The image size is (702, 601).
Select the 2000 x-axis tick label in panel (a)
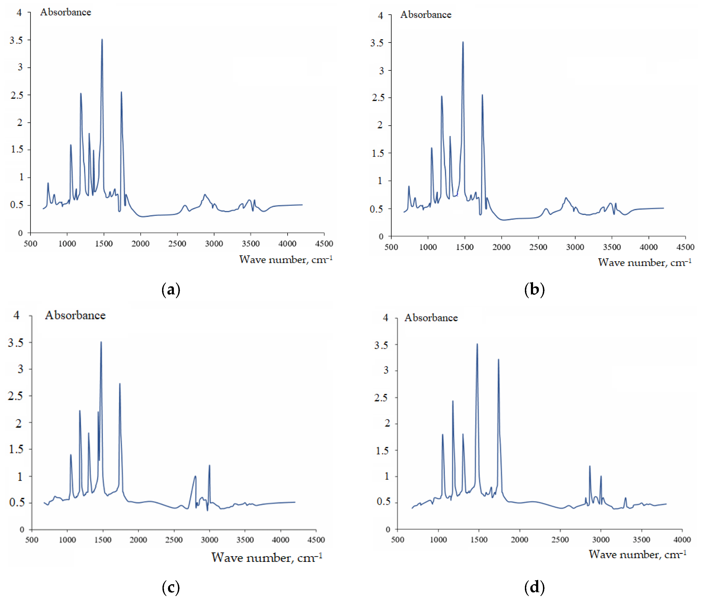(140, 244)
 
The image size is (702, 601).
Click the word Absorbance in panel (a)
(66, 12)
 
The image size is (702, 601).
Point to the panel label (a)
(171, 290)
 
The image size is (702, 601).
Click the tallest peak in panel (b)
(463, 43)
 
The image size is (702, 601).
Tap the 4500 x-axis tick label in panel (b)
(685, 247)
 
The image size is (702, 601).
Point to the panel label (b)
(534, 290)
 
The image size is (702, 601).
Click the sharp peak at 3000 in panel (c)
(209, 465)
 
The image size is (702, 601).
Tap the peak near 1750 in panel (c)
(120, 384)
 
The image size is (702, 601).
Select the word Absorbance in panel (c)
(75, 315)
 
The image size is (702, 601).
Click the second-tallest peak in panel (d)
(498, 360)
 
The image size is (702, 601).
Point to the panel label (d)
(534, 587)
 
